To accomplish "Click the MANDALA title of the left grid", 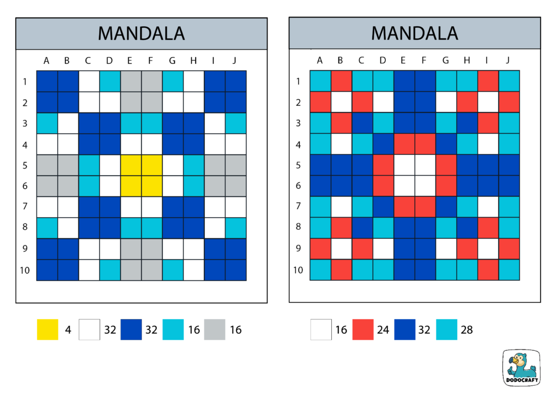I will pos(141,33).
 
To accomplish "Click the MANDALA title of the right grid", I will pos(414,33).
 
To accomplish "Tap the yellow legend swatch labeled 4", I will pos(47,330).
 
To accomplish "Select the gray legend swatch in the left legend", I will pos(215,330).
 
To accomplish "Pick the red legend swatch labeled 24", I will pos(362,330).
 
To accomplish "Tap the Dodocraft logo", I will pos(521,368).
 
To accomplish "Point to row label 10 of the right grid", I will pos(298,270).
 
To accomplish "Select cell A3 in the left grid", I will pos(47,123).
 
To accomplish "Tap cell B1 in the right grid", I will pos(341,81).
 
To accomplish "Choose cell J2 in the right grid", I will pos(508,102).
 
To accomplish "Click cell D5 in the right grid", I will pos(383,165).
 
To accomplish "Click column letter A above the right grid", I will pos(320,60).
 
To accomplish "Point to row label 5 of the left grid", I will pos(25,165).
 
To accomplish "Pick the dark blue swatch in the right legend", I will pos(404,330).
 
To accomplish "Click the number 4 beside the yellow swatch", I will pos(68,330).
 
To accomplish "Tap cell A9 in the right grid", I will pos(320,249).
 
